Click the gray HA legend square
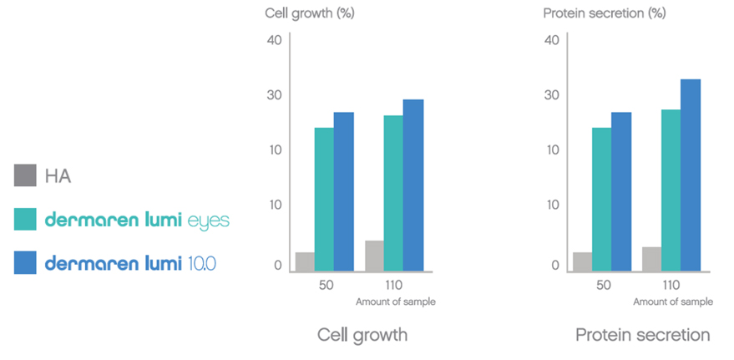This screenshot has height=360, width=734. (x=25, y=175)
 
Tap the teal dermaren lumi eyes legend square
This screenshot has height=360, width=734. (x=25, y=220)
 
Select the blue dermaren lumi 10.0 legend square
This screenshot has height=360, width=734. (x=25, y=263)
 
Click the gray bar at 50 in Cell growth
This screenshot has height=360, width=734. (x=305, y=261)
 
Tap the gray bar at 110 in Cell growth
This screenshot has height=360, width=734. (x=375, y=256)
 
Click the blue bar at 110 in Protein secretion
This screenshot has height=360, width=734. (x=691, y=175)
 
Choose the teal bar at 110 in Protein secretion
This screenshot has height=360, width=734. (x=671, y=190)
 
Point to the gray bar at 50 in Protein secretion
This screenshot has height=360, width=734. (x=582, y=261)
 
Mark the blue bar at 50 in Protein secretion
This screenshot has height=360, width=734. (x=621, y=192)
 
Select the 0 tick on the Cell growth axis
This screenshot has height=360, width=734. (x=278, y=266)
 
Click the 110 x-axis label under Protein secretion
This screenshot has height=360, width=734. (x=671, y=285)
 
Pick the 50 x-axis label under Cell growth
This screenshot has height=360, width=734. (x=326, y=285)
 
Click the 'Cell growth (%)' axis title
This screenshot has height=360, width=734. (x=300, y=13)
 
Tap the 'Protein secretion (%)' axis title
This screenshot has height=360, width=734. (x=592, y=13)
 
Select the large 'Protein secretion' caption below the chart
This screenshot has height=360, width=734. (x=642, y=335)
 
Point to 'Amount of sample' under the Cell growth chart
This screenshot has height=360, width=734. (x=396, y=302)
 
